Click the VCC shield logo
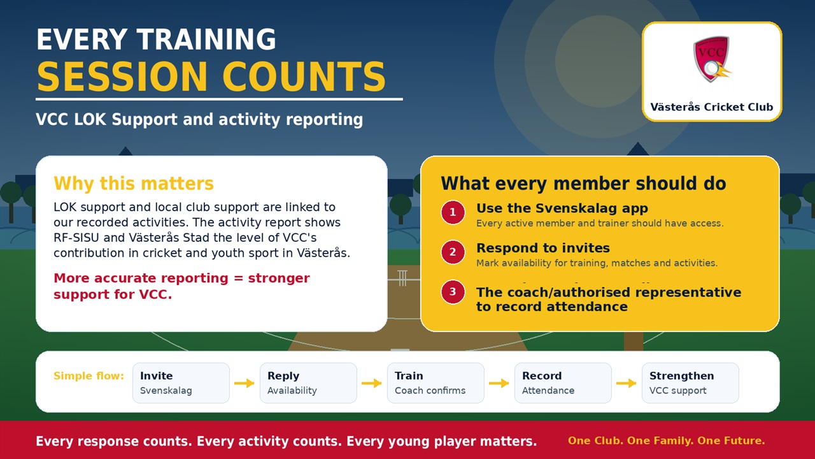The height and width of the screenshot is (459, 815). point(712,59)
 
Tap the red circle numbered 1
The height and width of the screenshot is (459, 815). point(453,212)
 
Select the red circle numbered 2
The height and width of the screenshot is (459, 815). point(453,252)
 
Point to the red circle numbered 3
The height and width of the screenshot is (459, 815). point(453,292)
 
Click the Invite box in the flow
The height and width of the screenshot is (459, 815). point(181,383)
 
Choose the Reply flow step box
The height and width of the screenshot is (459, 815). point(308,383)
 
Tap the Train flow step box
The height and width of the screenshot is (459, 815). point(436,383)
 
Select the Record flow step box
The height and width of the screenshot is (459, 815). point(563,383)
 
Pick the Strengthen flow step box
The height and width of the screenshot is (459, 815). point(690,383)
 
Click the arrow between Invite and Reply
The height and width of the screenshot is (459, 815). point(244,383)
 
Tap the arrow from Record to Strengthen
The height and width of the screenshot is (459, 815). point(626,383)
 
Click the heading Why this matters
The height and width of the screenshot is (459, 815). point(134,184)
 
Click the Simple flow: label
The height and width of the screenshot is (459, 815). point(89,376)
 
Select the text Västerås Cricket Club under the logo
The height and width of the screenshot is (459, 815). point(712,107)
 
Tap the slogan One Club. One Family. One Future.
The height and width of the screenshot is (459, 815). point(667,441)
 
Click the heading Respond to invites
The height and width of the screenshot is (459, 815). point(543,248)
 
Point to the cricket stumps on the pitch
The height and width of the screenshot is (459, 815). point(402,278)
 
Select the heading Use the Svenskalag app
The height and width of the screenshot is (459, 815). point(562,208)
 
